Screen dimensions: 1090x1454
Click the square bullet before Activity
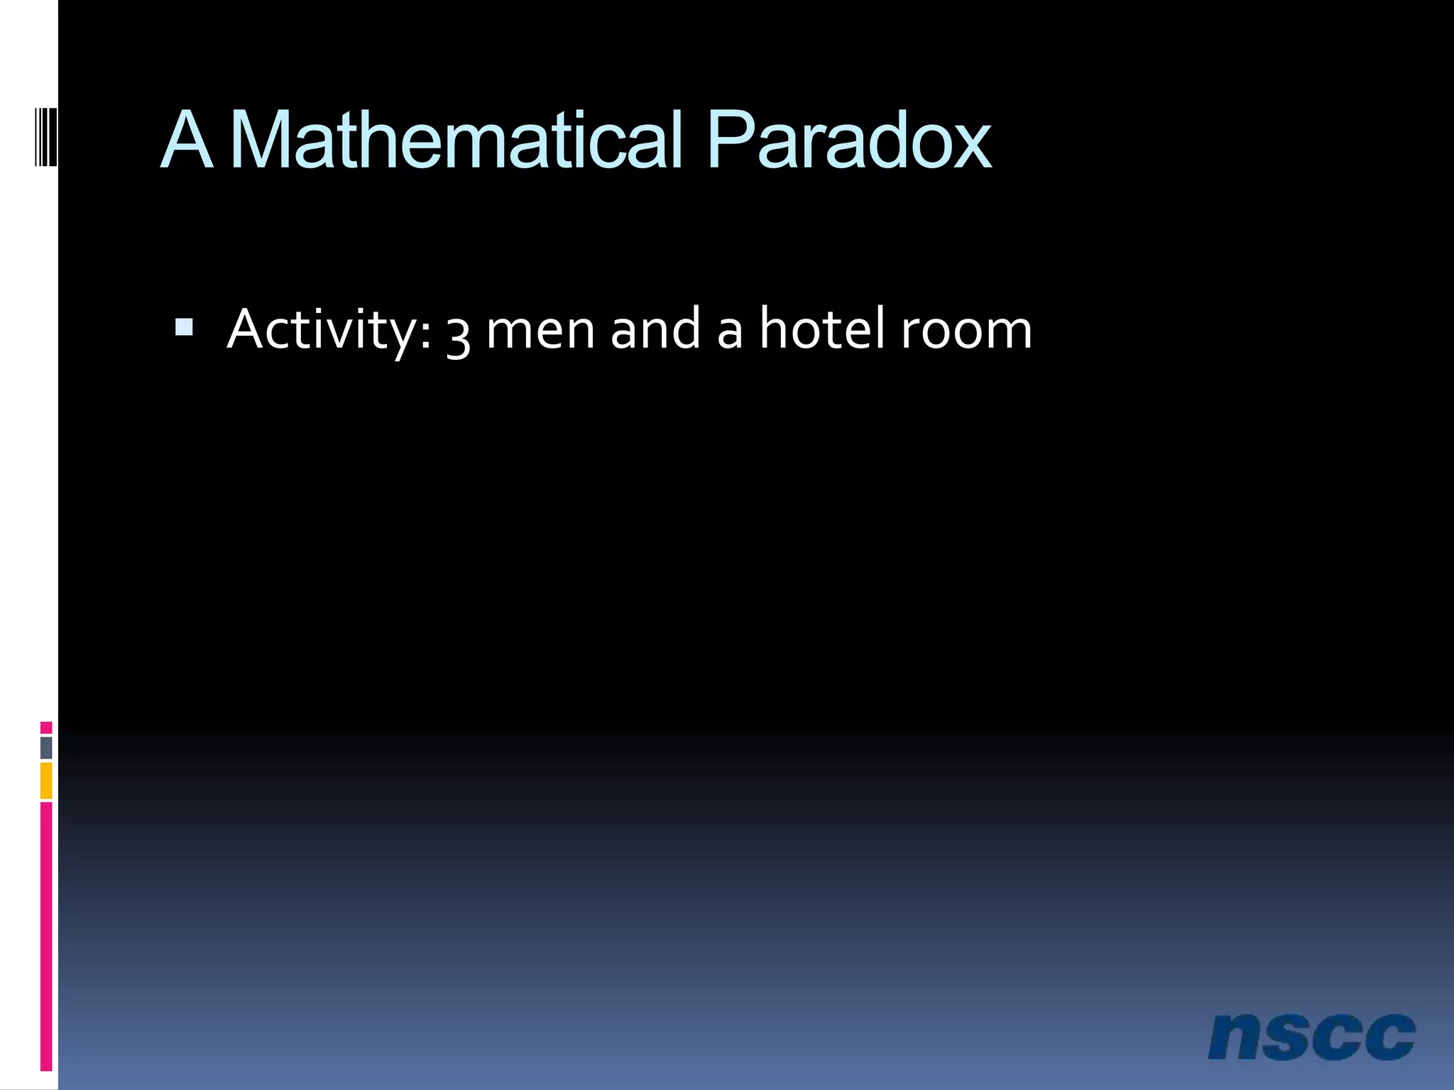click(184, 327)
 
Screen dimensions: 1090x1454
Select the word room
click(966, 331)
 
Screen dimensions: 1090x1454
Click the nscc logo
click(1311, 1037)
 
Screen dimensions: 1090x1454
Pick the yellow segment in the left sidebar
click(46, 781)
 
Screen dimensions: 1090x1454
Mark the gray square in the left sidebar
click(46, 747)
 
